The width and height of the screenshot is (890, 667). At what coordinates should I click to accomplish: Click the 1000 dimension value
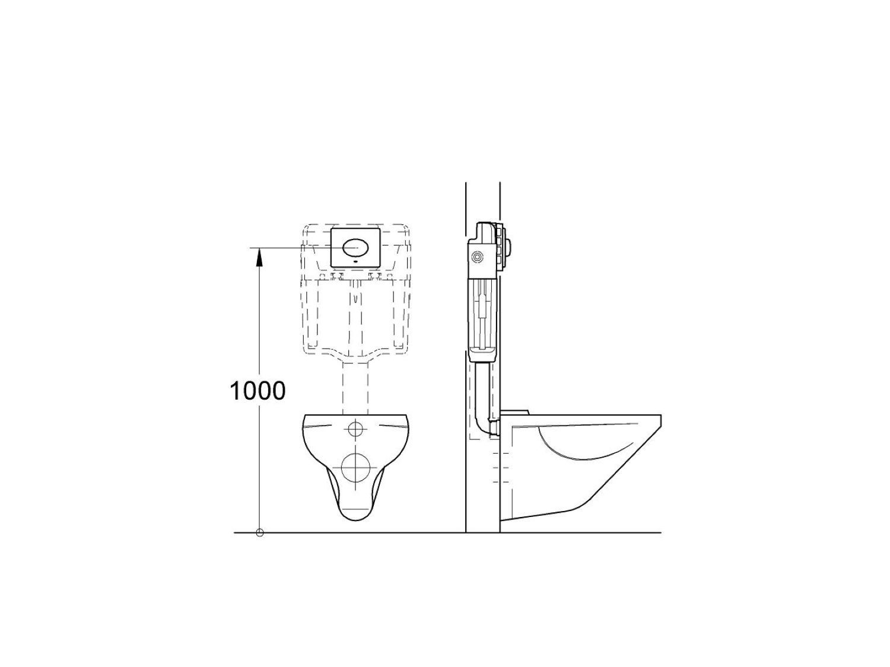(258, 391)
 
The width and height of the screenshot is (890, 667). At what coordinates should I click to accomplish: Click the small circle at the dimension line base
(260, 533)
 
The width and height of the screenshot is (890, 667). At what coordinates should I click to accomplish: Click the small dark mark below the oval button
(356, 261)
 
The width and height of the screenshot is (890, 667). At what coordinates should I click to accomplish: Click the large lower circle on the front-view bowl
(356, 467)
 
